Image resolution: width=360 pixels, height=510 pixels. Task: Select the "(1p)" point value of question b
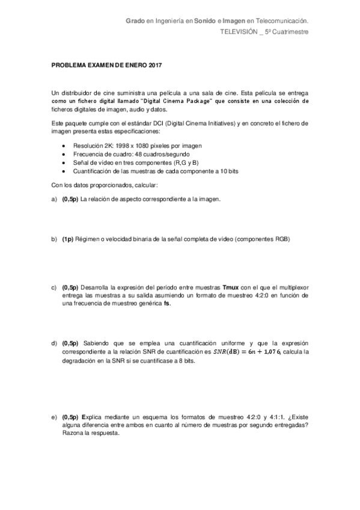pyautogui.click(x=67, y=239)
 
